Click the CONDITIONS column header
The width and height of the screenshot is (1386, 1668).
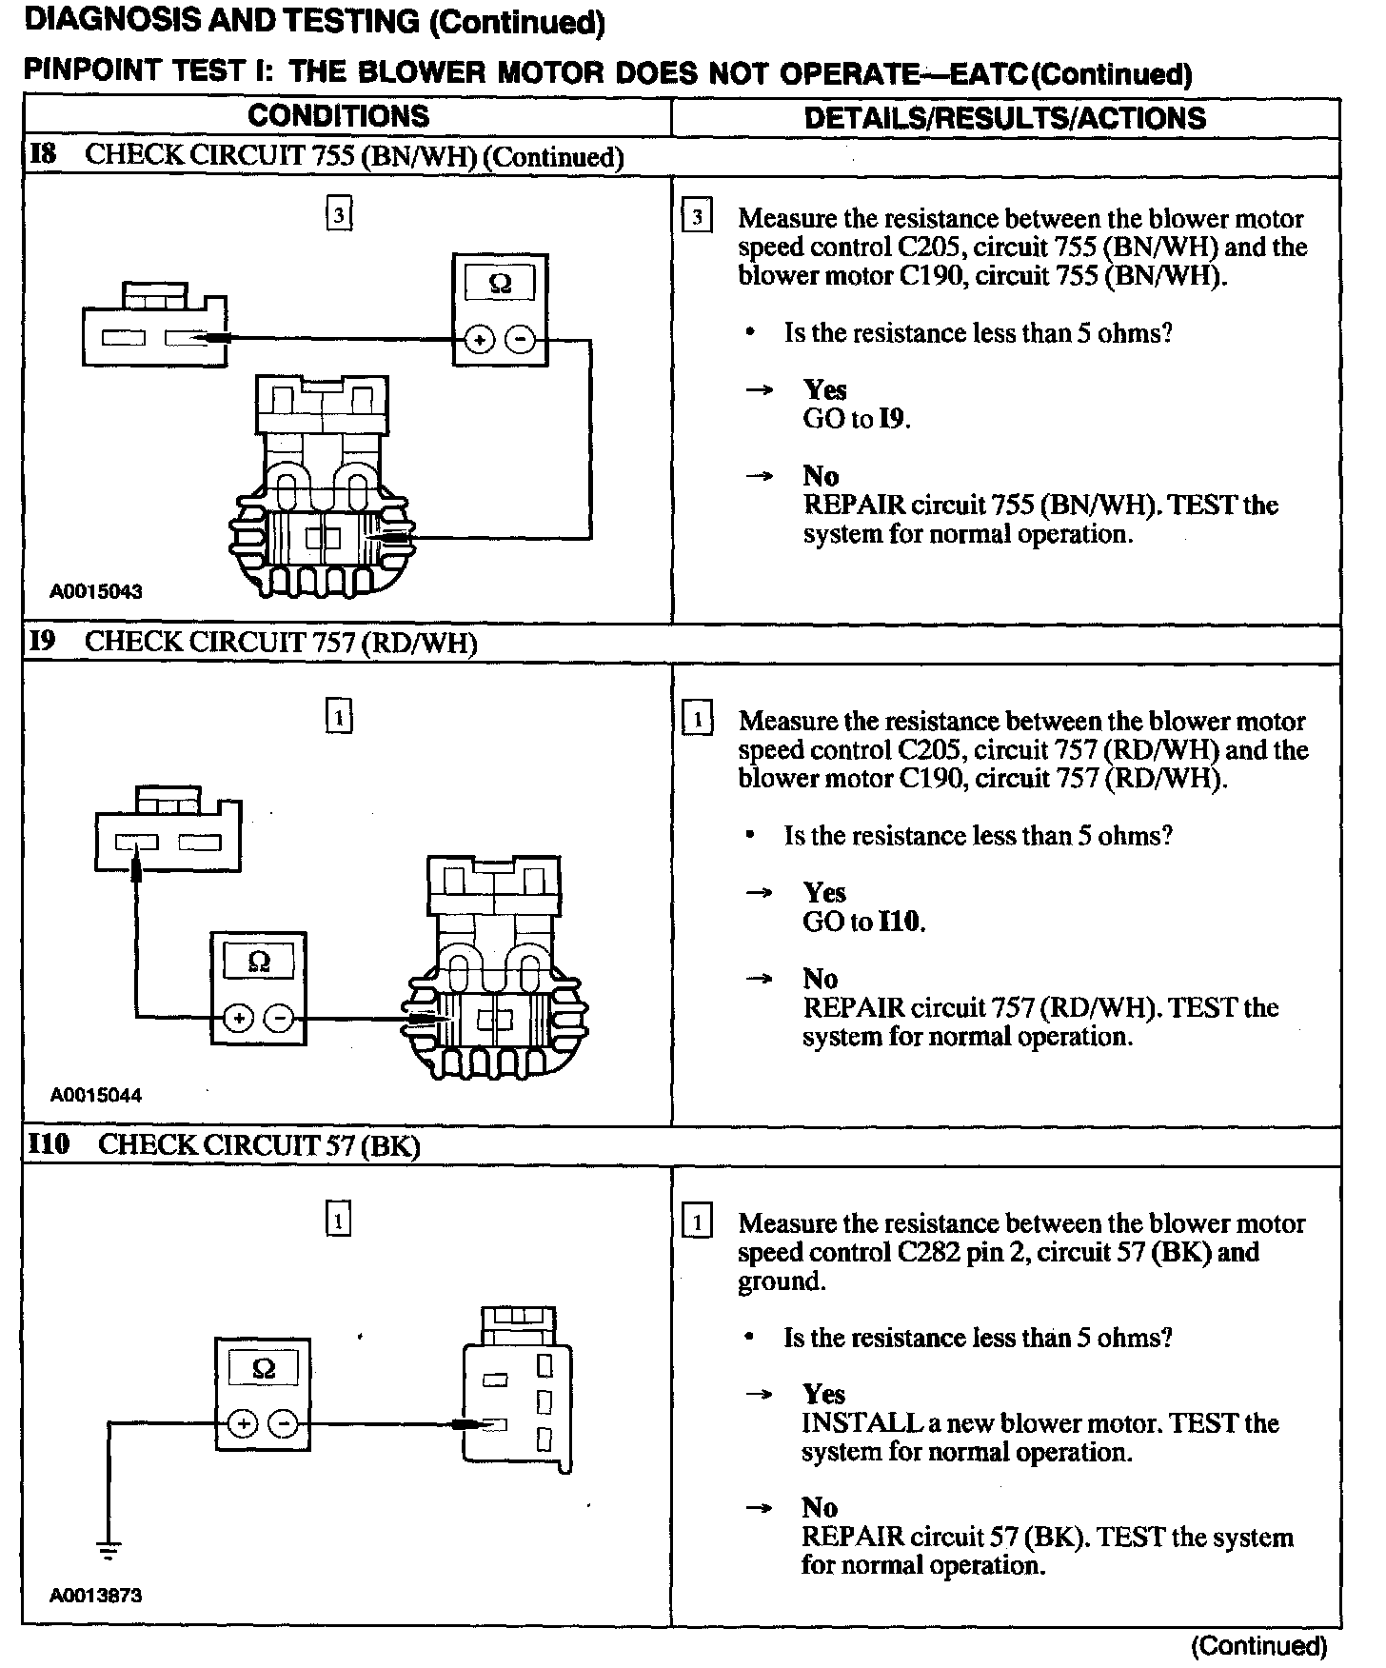click(338, 117)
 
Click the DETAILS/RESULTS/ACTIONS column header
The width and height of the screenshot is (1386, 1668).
click(1004, 118)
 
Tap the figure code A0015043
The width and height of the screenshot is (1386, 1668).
click(96, 591)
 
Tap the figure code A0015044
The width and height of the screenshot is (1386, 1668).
click(96, 1095)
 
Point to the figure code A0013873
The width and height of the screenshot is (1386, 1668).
click(96, 1596)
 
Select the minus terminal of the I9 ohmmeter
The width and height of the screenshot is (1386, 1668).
click(280, 1019)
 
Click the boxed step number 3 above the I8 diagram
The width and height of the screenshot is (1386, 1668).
click(339, 215)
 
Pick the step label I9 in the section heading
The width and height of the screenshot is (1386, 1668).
click(43, 641)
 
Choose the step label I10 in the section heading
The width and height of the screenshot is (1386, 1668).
click(49, 1143)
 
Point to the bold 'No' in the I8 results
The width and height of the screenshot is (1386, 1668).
click(821, 476)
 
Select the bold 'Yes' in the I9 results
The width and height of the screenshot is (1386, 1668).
click(824, 892)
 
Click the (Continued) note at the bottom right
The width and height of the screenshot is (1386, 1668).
click(1258, 1645)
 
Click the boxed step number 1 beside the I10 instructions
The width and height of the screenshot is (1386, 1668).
click(698, 1222)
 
